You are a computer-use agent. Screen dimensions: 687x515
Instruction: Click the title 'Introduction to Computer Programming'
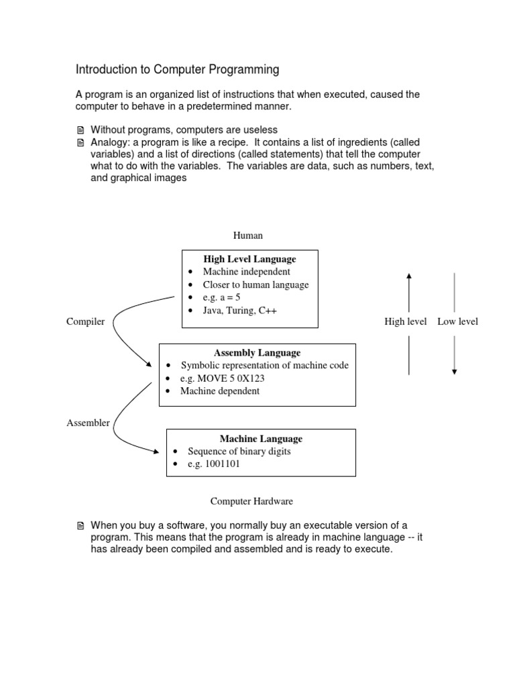(x=177, y=70)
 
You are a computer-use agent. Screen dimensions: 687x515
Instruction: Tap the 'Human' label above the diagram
(x=247, y=235)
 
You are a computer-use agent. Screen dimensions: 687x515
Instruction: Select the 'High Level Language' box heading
(x=249, y=259)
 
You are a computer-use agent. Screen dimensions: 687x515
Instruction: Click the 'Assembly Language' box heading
(x=257, y=353)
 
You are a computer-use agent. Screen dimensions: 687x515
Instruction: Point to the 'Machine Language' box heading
(x=261, y=439)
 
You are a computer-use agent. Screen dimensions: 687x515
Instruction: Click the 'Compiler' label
(x=85, y=322)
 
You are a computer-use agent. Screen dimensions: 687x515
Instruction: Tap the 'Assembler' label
(x=88, y=423)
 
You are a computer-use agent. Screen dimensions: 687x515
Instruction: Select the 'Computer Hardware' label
(x=251, y=501)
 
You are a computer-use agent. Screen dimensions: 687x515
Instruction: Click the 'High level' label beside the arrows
(x=405, y=322)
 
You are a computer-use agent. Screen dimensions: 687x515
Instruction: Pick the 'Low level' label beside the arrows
(x=457, y=322)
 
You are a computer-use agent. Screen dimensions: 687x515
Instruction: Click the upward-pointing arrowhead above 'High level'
(x=409, y=275)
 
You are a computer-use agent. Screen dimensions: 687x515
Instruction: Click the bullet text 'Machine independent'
(x=246, y=272)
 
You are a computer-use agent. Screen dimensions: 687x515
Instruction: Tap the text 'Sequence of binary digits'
(x=239, y=452)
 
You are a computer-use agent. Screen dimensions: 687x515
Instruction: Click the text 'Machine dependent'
(x=219, y=391)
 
